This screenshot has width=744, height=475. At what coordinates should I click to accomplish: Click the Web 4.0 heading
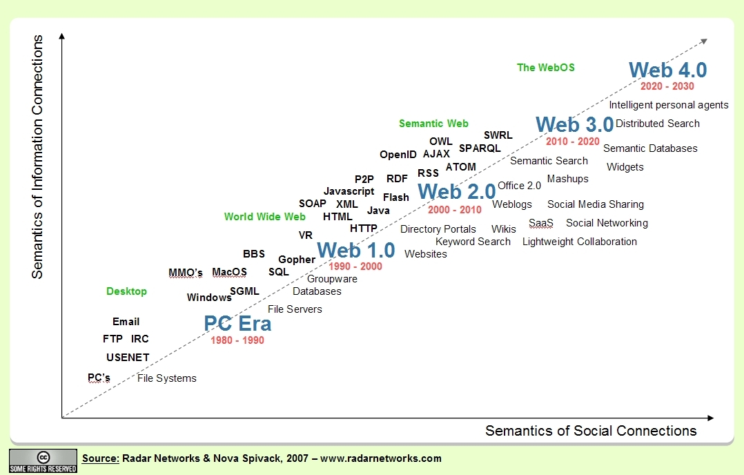click(668, 70)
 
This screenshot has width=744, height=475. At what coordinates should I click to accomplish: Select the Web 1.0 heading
click(355, 249)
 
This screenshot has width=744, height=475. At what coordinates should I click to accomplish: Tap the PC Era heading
click(237, 323)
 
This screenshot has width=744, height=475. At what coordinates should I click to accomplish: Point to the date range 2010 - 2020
click(572, 142)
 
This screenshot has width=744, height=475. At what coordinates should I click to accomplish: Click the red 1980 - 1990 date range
click(237, 340)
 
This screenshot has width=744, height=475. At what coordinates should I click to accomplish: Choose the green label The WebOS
click(546, 68)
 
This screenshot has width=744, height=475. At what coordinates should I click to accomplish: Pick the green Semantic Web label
click(433, 124)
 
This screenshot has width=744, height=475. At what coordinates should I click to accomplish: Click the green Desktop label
click(126, 291)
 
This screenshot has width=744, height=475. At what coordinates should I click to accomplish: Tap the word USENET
click(128, 358)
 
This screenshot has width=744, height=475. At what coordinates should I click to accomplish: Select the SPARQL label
click(480, 148)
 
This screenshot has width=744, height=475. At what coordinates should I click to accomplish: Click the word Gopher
click(297, 260)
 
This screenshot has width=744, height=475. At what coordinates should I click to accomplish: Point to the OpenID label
click(398, 155)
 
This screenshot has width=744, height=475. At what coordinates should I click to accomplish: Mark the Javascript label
click(349, 191)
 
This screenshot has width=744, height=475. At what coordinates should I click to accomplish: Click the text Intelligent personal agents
click(668, 105)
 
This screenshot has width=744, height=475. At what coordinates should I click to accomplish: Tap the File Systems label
click(167, 378)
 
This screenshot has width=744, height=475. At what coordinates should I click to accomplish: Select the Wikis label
click(503, 229)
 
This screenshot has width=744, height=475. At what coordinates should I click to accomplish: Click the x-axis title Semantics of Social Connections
click(591, 431)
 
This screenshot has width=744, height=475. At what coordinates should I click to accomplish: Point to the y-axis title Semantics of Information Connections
click(37, 157)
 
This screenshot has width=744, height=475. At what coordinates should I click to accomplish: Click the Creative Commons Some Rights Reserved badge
click(43, 461)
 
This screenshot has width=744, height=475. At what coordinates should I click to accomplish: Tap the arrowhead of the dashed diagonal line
click(703, 41)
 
